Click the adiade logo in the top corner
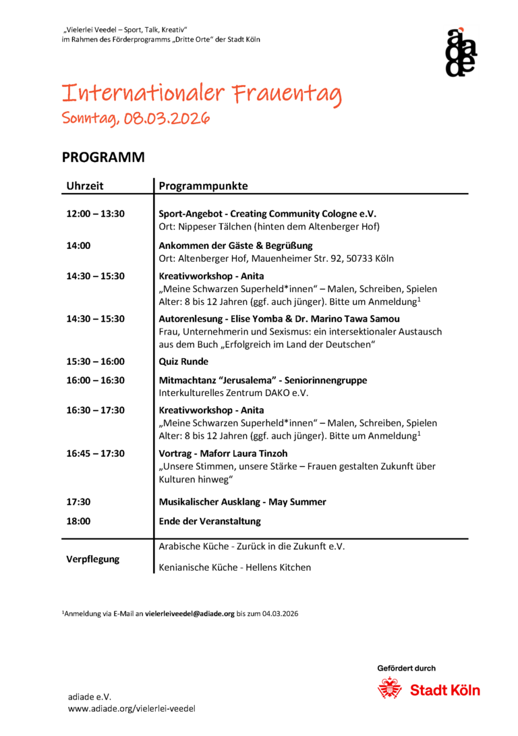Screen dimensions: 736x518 [x=461, y=52]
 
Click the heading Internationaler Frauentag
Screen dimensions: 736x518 [x=202, y=94]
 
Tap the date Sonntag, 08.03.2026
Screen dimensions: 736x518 [x=136, y=119]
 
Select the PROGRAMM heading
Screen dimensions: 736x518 [x=103, y=157]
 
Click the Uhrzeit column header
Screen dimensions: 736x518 [x=85, y=186]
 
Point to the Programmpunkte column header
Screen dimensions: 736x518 [x=203, y=186]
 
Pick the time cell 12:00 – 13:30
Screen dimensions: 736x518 [x=95, y=213]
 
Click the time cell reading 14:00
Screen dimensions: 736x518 [x=78, y=246]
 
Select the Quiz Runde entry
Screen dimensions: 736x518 [x=183, y=362]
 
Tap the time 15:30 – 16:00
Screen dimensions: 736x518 [x=95, y=362]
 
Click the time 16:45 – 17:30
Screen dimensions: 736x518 [x=95, y=453]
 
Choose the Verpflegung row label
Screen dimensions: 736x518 [x=92, y=559]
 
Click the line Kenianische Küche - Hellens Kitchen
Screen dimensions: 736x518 [x=235, y=567]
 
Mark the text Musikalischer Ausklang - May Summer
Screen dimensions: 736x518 [x=242, y=502]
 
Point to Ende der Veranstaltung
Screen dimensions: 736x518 [x=209, y=521]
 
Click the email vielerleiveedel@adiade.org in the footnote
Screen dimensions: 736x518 [x=190, y=614]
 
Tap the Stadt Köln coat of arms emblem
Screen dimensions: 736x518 [x=389, y=689]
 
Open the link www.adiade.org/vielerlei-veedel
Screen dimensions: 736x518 [x=132, y=709]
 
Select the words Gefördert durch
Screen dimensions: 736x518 [x=406, y=669]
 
